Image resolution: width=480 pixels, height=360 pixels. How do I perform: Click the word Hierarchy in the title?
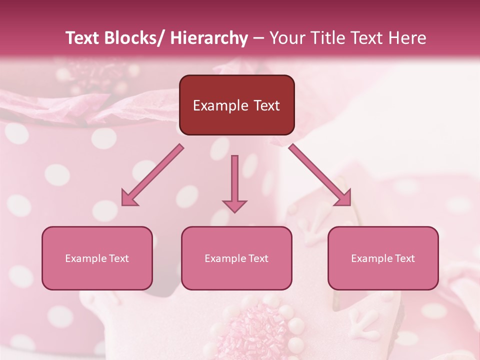209,38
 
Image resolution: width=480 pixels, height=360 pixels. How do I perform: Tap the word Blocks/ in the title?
134,38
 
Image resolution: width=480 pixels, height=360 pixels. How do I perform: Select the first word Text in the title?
83,38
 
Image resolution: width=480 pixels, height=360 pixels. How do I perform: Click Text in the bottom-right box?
404,258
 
